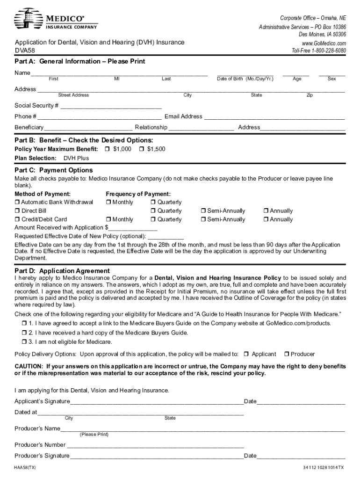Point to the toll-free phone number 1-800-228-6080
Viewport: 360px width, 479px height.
click(x=319, y=51)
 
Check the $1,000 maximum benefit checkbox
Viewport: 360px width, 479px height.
click(x=107, y=149)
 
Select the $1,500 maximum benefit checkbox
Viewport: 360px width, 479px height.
click(x=141, y=149)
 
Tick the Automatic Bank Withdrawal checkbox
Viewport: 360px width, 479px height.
click(x=17, y=203)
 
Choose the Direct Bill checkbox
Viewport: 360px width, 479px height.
click(x=17, y=211)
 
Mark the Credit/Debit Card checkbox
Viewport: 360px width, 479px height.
click(x=17, y=219)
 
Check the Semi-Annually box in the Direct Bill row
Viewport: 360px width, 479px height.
click(x=204, y=211)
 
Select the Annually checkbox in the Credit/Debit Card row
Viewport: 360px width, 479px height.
click(x=266, y=219)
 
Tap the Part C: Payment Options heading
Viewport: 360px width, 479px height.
click(x=53, y=170)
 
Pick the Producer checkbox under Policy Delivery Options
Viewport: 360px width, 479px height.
click(x=287, y=354)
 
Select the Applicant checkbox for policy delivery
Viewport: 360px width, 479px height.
click(x=247, y=354)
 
